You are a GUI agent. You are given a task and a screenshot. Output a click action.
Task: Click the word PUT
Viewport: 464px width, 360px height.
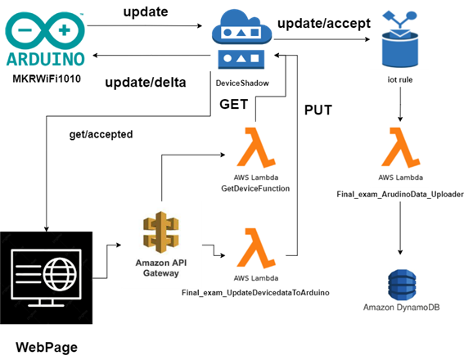tap(318, 109)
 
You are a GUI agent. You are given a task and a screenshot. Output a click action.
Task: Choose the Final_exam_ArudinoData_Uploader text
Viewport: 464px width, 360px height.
tap(400, 196)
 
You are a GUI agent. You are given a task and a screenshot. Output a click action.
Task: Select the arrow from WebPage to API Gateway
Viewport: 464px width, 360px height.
tap(107, 255)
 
